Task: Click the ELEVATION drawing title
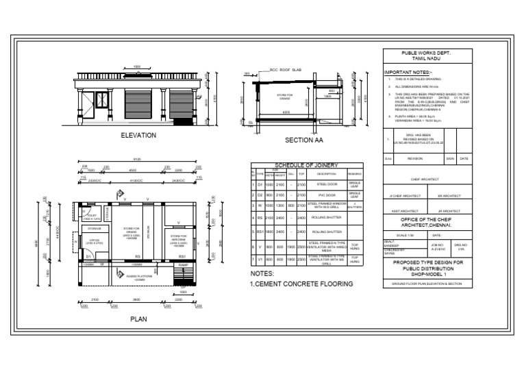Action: [x=138, y=136]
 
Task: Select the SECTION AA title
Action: [x=303, y=140]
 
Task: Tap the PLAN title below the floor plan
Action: [x=138, y=319]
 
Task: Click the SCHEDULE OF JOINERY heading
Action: [x=308, y=166]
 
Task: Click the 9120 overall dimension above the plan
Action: [x=138, y=160]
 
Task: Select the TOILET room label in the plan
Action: [x=92, y=216]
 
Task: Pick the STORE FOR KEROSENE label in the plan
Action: [x=178, y=240]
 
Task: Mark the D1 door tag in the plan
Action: [x=88, y=256]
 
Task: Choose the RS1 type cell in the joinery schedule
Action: [x=260, y=232]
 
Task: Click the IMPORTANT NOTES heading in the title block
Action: [x=408, y=71]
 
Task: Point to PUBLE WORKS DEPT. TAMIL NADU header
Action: [x=425, y=56]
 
